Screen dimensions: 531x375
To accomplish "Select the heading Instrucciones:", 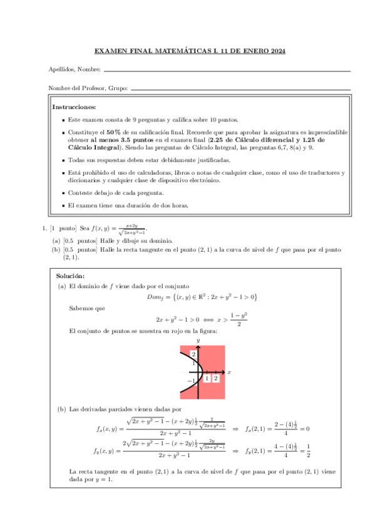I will (74, 107).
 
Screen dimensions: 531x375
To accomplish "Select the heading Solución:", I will (71, 276).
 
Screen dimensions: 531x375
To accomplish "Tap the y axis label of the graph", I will (198, 340).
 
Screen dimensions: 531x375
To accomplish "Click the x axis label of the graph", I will (229, 372).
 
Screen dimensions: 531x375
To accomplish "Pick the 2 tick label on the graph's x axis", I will (215, 378).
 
